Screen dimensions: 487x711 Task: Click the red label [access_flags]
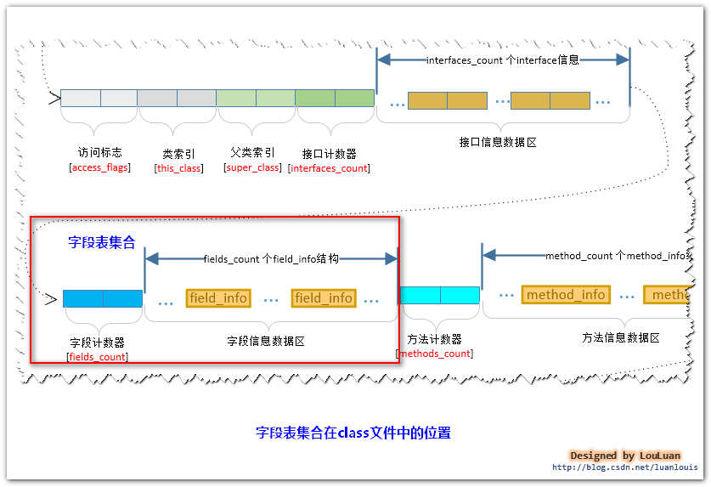click(99, 167)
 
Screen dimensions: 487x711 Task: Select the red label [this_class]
click(178, 168)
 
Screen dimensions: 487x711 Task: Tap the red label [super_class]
click(252, 167)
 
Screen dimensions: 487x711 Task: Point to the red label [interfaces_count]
click(329, 168)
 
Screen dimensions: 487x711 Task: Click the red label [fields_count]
click(98, 357)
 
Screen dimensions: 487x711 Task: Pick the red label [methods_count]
click(435, 354)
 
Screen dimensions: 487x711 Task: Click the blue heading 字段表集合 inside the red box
click(102, 242)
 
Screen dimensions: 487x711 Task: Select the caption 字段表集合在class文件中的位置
click(353, 433)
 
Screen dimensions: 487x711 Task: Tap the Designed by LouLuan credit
click(625, 456)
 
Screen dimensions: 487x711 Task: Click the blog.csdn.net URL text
click(624, 467)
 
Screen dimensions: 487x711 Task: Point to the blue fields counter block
click(103, 298)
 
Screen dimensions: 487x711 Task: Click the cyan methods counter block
click(439, 295)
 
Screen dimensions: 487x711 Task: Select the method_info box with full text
click(566, 295)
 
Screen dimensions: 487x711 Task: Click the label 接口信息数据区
click(498, 143)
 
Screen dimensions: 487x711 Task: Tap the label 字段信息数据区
click(266, 342)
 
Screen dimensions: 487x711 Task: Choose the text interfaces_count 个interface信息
click(502, 60)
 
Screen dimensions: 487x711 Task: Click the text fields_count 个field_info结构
click(271, 258)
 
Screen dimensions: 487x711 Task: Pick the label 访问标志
click(99, 153)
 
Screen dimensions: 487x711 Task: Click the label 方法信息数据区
click(621, 337)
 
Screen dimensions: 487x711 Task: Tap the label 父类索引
click(252, 153)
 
